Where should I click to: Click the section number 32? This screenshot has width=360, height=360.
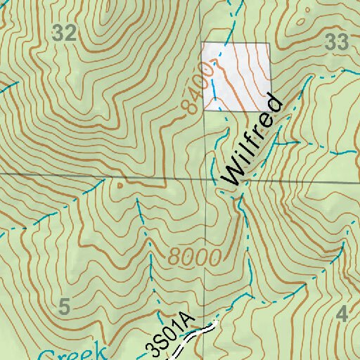point(65,32)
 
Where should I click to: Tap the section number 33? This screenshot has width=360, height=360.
point(337,43)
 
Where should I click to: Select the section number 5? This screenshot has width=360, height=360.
point(65,307)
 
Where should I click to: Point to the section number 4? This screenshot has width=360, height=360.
point(342,314)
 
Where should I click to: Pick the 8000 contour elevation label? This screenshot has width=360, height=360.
point(195,257)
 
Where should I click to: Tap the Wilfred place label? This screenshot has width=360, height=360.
point(252,141)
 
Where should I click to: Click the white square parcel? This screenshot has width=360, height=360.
point(236,76)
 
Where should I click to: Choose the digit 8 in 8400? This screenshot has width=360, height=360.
point(186,108)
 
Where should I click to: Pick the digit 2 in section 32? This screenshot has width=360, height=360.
point(70,32)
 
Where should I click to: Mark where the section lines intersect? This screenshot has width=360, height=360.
point(206,179)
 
